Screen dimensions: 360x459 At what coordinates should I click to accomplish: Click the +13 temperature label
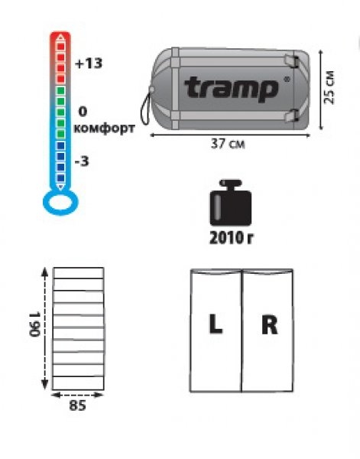89,63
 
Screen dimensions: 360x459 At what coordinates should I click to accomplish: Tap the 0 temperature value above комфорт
83,112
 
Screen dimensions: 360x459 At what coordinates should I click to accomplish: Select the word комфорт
104,129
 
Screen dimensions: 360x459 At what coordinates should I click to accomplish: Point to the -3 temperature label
82,161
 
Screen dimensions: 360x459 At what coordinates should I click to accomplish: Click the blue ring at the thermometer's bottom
60,212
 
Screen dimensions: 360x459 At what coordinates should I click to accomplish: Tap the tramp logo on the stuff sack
231,88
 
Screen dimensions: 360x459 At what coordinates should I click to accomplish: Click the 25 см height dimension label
329,87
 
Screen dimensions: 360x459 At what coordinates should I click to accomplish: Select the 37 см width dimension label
228,144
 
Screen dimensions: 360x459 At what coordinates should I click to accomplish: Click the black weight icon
231,203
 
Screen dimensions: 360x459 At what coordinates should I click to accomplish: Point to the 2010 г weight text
231,238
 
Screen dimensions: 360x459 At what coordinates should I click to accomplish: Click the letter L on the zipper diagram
216,324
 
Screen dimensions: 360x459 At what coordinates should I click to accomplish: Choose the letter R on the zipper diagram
269,324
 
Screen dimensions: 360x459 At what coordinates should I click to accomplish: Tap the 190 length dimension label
34,324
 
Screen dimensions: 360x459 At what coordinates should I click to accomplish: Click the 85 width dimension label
77,405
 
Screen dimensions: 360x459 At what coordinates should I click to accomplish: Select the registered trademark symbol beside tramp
287,79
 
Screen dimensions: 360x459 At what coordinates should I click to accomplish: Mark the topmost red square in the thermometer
60,46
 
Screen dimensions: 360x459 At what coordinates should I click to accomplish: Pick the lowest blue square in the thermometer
60,177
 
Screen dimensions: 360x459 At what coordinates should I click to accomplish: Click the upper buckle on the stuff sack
292,61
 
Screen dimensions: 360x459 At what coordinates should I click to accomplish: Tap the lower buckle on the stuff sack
292,116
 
